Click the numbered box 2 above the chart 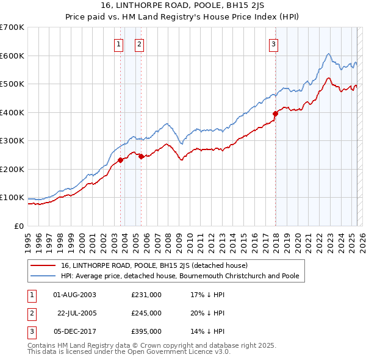(139, 44)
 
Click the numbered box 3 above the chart (274, 44)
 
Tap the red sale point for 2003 (120, 160)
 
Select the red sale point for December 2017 (275, 113)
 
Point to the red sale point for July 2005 (141, 156)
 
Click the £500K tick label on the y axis (12, 84)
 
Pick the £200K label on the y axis (12, 169)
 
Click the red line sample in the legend (44, 266)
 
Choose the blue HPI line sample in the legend (44, 276)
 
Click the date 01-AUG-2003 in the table (75, 295)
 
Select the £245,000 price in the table (146, 313)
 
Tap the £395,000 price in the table (146, 331)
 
